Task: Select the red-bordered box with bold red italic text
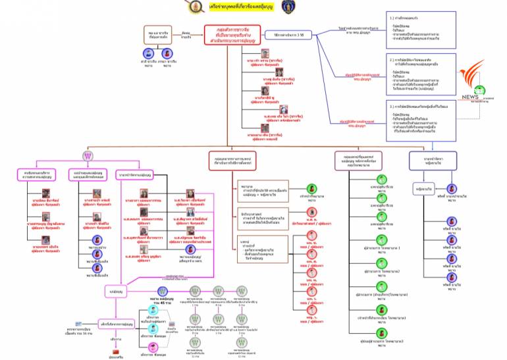click(x=235, y=38)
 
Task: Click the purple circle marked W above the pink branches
click(x=88, y=156)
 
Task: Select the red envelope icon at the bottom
click(x=172, y=325)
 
